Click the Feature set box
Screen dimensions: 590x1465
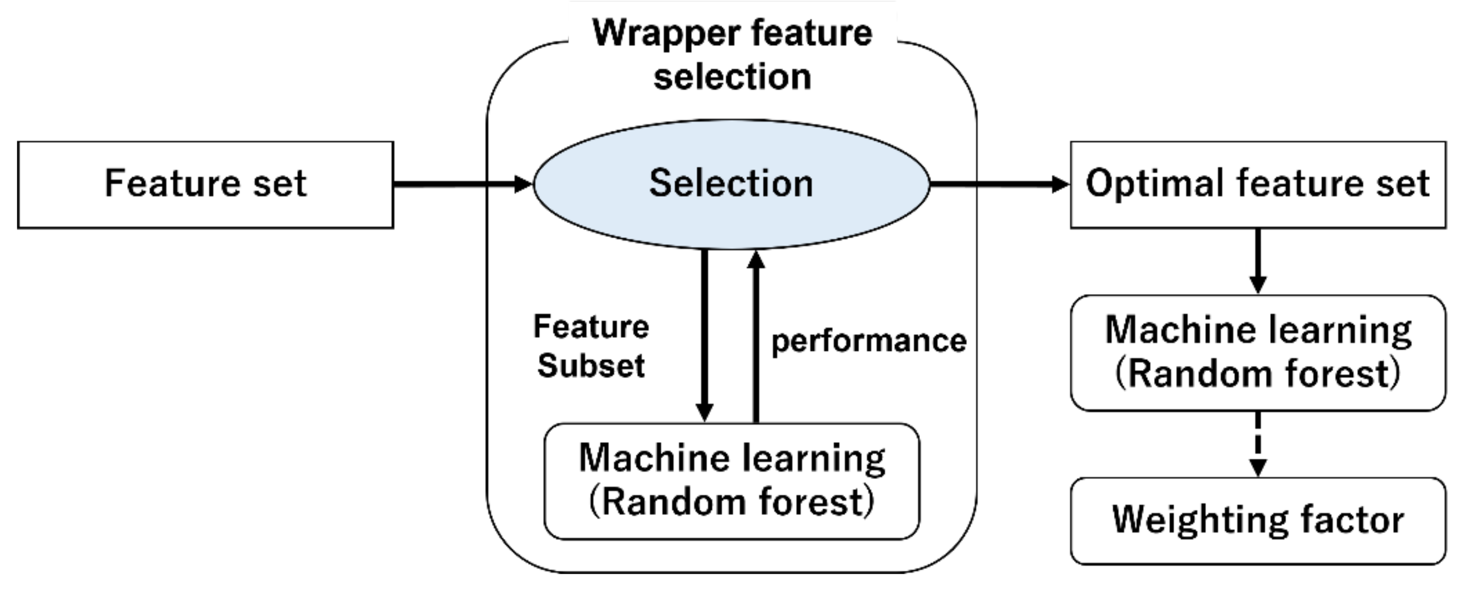point(205,185)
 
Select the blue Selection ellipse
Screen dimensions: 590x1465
point(731,184)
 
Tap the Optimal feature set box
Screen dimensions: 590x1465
point(1257,185)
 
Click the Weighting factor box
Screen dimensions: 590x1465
point(1257,520)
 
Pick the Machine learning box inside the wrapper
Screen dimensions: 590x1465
point(731,481)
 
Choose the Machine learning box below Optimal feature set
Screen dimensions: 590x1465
point(1257,352)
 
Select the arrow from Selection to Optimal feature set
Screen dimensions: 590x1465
point(998,184)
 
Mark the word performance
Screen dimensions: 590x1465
point(868,341)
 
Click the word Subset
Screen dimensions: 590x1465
point(591,365)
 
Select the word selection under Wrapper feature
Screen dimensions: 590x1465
point(732,77)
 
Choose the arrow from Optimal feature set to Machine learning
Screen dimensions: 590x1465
point(1257,261)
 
